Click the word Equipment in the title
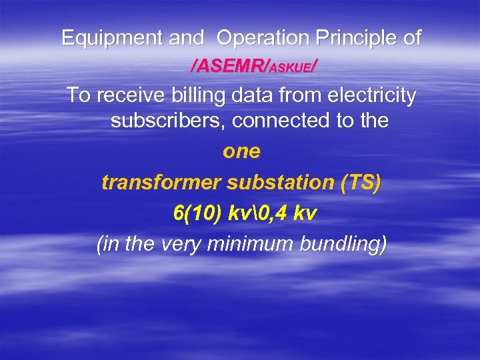tap(113, 39)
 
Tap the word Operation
tap(263, 38)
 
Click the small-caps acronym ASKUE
tap(291, 66)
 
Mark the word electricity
tap(373, 96)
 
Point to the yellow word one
tap(241, 151)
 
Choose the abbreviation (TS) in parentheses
tap(360, 183)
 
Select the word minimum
tap(253, 244)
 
